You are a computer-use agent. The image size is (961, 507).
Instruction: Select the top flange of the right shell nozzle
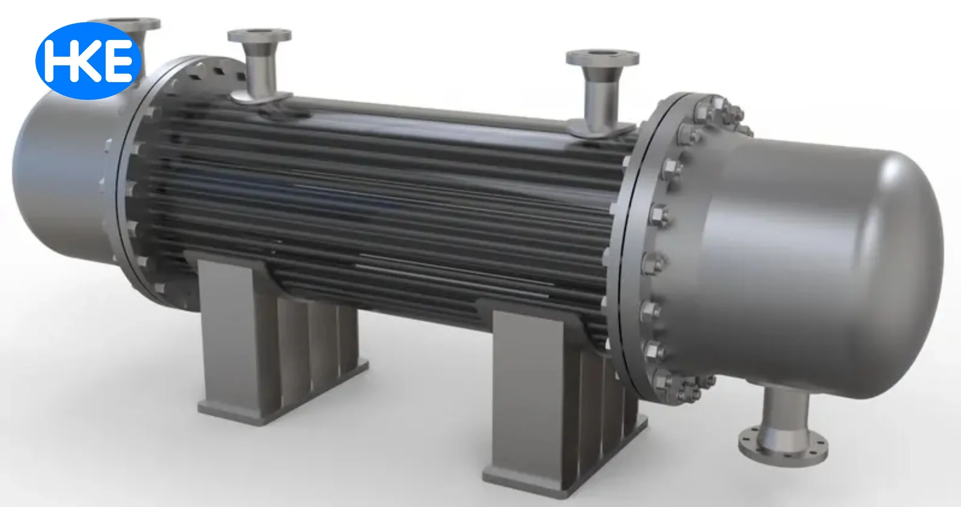[x=602, y=58]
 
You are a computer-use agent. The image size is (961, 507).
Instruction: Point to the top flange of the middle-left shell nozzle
[x=259, y=35]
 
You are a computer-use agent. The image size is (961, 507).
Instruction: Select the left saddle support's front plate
[x=225, y=329]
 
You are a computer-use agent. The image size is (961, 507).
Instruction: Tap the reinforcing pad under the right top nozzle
[x=601, y=129]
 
